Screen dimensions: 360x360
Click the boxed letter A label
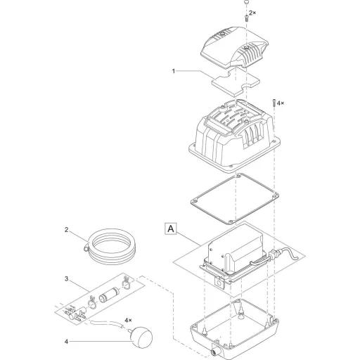pyautogui.click(x=171, y=229)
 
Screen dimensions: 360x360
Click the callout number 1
pyautogui.click(x=174, y=71)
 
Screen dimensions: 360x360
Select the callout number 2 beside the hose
pyautogui.click(x=66, y=230)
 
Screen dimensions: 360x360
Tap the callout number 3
pyautogui.click(x=67, y=279)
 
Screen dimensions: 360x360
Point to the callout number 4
pyautogui.click(x=66, y=342)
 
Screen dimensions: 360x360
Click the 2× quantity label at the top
pyautogui.click(x=252, y=13)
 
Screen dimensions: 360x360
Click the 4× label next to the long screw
pyautogui.click(x=281, y=103)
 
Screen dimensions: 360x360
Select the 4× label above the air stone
pyautogui.click(x=128, y=320)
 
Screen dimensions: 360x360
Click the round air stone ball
pyautogui.click(x=142, y=337)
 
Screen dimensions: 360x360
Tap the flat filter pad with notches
pyautogui.click(x=236, y=82)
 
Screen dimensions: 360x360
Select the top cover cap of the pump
pyautogui.click(x=235, y=47)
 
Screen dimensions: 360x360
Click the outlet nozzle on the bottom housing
pyautogui.click(x=216, y=353)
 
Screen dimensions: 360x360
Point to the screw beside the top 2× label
pyautogui.click(x=246, y=18)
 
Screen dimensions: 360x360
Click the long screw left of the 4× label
pyautogui.click(x=274, y=103)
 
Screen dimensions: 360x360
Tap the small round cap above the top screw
pyautogui.click(x=246, y=2)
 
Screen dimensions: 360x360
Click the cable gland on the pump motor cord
pyautogui.click(x=274, y=255)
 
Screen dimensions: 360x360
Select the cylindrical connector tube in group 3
pyautogui.click(x=108, y=295)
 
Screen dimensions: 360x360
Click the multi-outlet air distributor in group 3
pyautogui.click(x=75, y=314)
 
